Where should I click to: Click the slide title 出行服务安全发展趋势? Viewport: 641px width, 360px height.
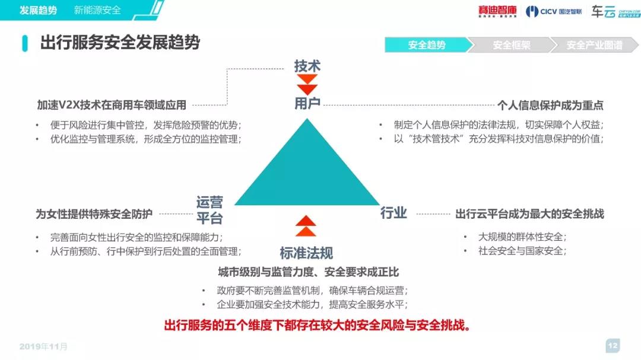click(x=120, y=43)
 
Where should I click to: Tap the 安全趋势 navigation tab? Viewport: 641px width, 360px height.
click(x=427, y=45)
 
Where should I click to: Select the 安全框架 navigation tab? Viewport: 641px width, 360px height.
click(x=512, y=45)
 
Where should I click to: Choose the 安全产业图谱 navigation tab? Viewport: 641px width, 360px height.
click(x=594, y=45)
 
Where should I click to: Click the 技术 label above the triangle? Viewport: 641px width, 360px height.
click(x=307, y=66)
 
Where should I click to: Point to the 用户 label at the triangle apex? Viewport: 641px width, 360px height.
click(x=307, y=104)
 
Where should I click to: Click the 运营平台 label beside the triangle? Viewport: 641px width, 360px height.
click(x=210, y=210)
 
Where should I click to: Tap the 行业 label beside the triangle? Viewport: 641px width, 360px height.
click(x=394, y=213)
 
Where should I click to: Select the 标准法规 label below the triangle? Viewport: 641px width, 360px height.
click(x=306, y=253)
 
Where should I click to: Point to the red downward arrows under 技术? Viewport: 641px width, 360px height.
click(x=307, y=85)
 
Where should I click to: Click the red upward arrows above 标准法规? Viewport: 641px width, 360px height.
click(x=306, y=226)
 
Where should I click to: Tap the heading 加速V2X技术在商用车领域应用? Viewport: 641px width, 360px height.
click(x=112, y=106)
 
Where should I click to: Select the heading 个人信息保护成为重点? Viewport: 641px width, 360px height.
click(x=550, y=106)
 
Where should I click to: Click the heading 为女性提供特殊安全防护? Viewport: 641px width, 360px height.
click(x=94, y=214)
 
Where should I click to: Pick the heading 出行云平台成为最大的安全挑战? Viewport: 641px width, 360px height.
click(x=529, y=214)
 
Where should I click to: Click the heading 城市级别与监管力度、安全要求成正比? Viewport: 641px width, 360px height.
click(x=308, y=272)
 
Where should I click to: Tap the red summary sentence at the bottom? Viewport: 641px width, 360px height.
click(x=317, y=326)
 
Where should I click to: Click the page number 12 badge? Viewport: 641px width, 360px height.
click(x=613, y=346)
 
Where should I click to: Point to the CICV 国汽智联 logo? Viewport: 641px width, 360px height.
click(x=554, y=11)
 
